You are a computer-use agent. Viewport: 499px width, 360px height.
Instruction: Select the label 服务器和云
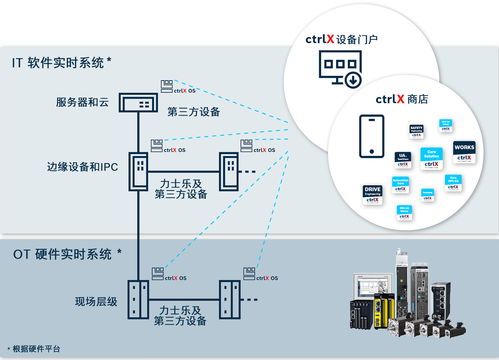click(x=83, y=104)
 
